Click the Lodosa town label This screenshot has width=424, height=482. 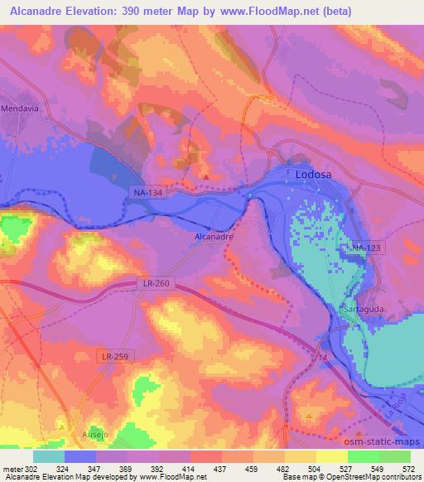click(x=315, y=175)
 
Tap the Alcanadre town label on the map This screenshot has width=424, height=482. click(x=213, y=236)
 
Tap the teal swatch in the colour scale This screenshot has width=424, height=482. click(x=49, y=456)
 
